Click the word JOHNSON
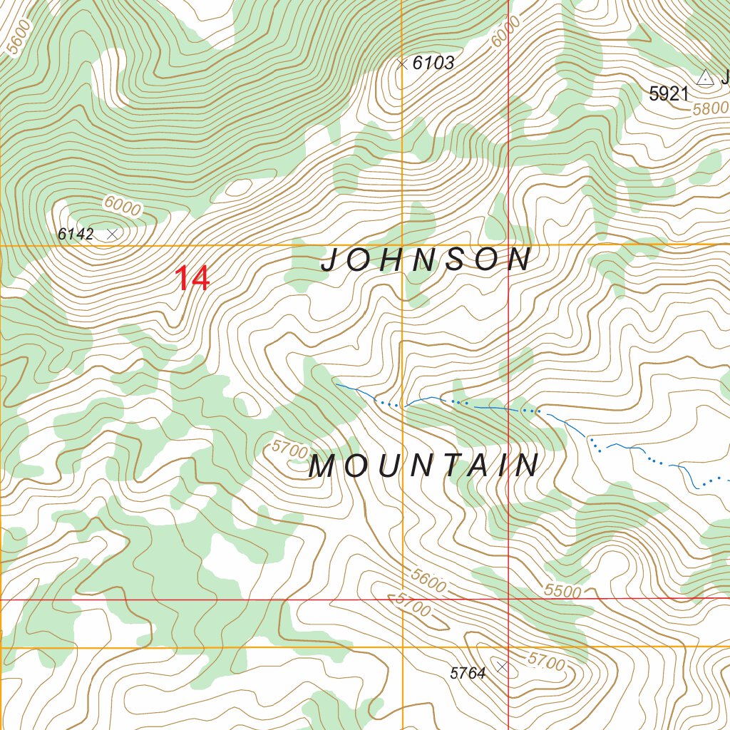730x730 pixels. click(426, 260)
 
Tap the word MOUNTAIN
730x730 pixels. click(425, 466)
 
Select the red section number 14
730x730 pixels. click(192, 278)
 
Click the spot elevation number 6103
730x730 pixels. click(433, 63)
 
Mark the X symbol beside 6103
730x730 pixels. click(402, 63)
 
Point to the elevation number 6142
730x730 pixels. click(76, 234)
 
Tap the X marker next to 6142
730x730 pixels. click(112, 234)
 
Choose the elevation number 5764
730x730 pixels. click(468, 672)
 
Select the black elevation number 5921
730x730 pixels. click(669, 94)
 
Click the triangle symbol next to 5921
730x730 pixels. click(705, 78)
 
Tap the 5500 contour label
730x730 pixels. click(562, 591)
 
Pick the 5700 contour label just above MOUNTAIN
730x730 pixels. click(289, 449)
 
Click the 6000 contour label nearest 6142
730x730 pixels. click(122, 205)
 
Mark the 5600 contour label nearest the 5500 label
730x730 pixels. click(429, 581)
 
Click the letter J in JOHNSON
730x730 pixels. click(329, 261)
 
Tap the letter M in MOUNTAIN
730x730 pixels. click(322, 467)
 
